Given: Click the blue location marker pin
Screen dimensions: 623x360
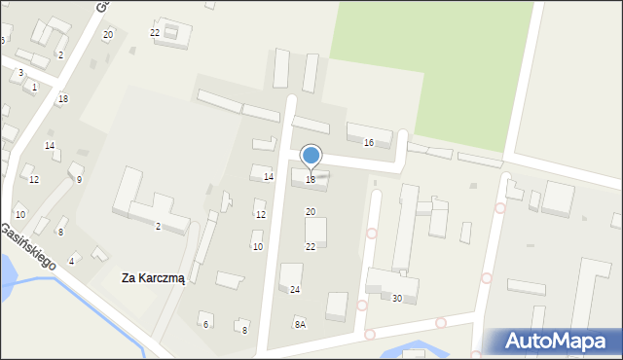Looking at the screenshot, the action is (x=311, y=156).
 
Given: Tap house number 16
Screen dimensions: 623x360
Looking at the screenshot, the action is (x=368, y=143).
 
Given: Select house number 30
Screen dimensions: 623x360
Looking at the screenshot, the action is (x=396, y=298).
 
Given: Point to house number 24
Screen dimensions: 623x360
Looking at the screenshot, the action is (x=295, y=290).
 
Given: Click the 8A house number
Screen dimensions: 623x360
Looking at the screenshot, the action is (x=300, y=324).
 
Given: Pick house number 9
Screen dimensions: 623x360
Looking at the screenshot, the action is (x=79, y=179).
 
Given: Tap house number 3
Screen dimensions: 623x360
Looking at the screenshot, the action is (x=20, y=73).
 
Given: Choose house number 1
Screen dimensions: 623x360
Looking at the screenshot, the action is (x=34, y=88).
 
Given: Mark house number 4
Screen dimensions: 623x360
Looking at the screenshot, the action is (x=71, y=261).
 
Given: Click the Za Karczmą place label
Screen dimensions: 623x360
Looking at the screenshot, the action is (x=154, y=278).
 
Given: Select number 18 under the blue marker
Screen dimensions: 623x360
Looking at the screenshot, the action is (x=311, y=179).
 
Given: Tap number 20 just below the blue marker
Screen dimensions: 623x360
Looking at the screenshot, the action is (x=311, y=211).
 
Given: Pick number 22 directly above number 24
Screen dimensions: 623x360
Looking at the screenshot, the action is (x=311, y=247).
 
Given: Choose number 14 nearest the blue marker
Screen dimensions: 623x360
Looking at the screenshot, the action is (x=269, y=176).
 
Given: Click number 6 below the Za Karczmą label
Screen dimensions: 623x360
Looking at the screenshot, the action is (x=205, y=324).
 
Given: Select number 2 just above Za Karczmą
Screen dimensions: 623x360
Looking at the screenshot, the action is (x=158, y=227).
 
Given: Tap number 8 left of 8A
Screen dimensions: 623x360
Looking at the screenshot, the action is (x=244, y=331).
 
